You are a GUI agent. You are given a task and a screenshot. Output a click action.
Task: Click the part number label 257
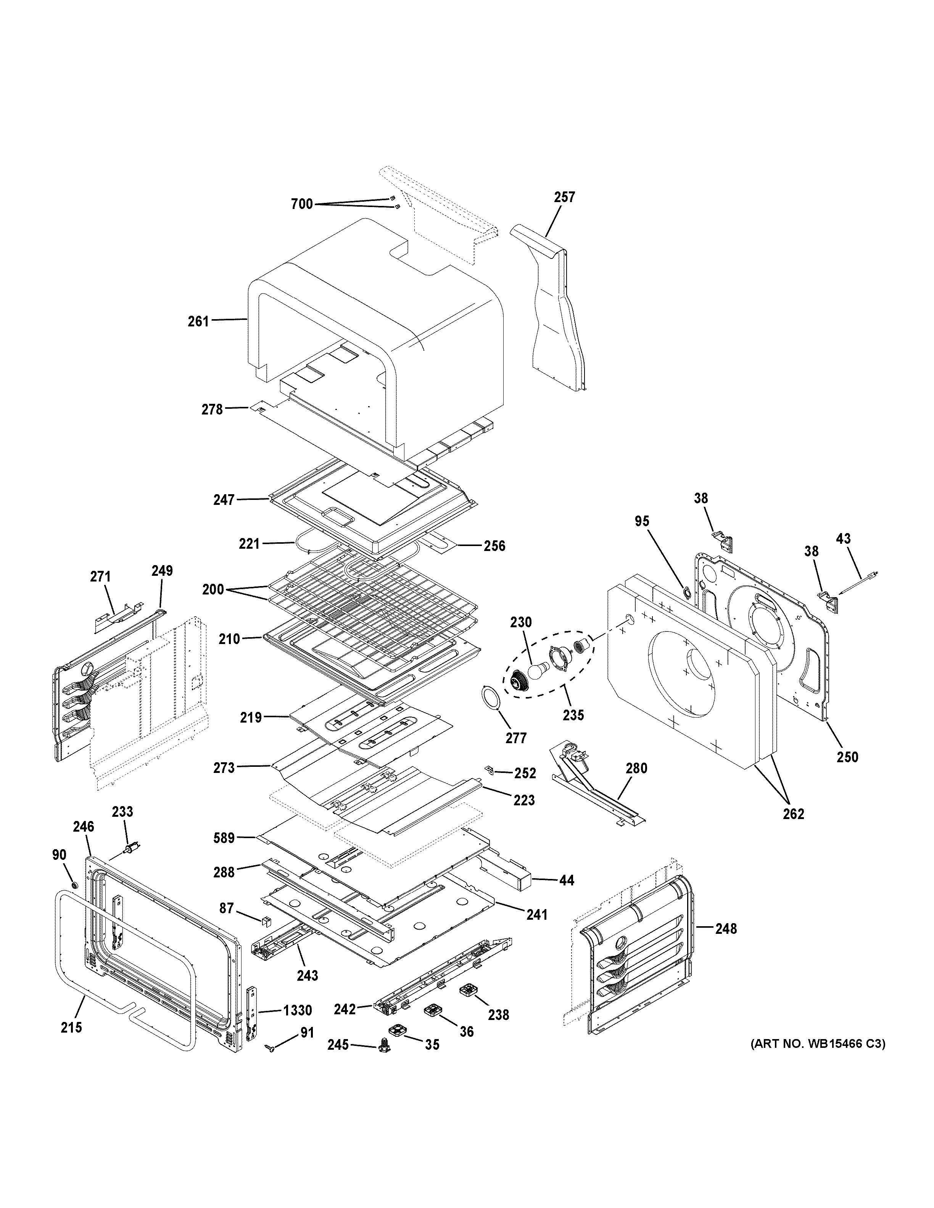click(x=564, y=197)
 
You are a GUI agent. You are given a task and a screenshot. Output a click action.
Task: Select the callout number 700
click(x=301, y=204)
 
